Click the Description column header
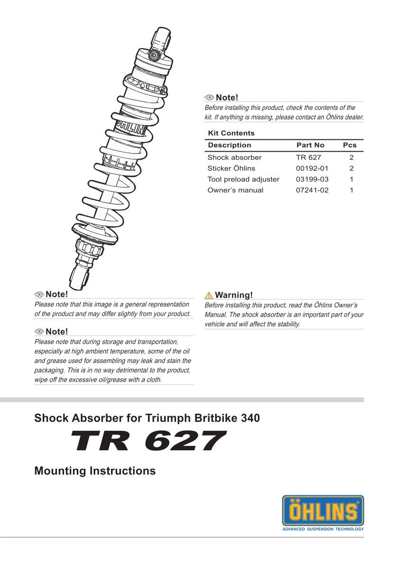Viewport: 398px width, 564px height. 230,145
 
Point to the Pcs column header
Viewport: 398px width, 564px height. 350,145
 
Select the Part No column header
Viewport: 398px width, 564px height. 310,145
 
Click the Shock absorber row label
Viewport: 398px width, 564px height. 234,157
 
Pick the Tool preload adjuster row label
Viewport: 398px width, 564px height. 243,179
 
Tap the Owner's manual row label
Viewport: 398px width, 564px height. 235,190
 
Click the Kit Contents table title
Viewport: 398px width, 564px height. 231,133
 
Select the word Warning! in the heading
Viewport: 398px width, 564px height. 234,295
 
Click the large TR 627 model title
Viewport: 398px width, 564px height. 146,442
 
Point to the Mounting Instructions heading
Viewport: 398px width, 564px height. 95,471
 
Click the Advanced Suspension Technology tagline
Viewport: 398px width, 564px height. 323,529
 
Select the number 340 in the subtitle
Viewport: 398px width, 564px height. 250,418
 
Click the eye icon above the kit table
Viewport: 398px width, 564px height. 210,98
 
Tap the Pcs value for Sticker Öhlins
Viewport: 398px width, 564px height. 352,168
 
